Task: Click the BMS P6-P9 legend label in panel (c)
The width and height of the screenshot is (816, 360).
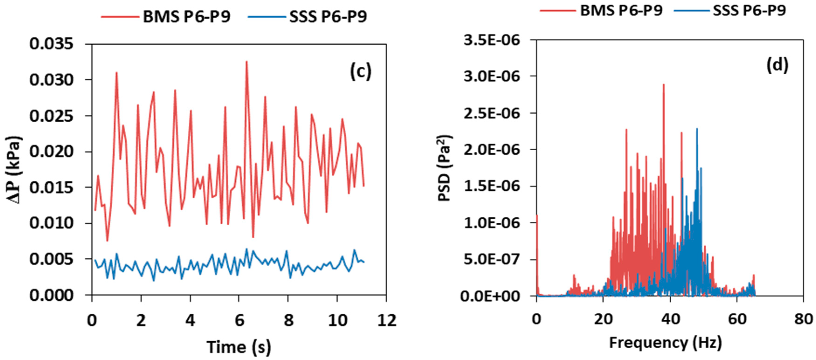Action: pos(186,17)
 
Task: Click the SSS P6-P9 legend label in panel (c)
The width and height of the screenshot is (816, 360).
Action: pos(328,17)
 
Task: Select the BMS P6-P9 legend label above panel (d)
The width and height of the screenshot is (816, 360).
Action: pos(621,10)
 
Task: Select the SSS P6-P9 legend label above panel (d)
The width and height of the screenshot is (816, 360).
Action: pos(749,10)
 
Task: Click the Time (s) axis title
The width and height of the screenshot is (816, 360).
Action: pos(239,347)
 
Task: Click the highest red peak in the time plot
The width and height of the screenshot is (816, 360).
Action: pos(246,62)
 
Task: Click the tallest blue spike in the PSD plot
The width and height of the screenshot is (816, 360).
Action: pos(697,129)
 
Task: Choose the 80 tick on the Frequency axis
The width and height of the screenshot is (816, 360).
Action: pos(803,319)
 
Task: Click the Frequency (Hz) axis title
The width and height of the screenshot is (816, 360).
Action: pos(665,343)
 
